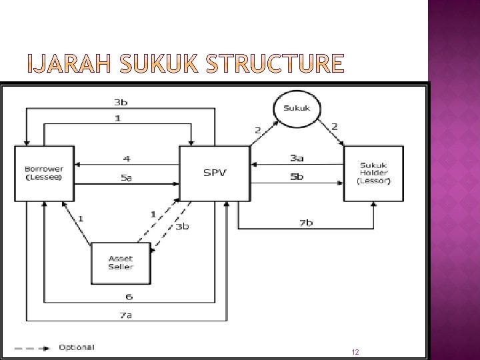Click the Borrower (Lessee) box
tap(45, 173)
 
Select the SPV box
tap(215, 173)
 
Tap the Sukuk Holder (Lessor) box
tap(374, 173)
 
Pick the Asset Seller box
tap(121, 263)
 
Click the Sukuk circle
tap(297, 109)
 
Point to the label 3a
tap(297, 158)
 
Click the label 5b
tap(297, 177)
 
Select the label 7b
tap(306, 223)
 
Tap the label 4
tap(127, 159)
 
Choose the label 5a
tap(127, 177)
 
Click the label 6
tap(129, 297)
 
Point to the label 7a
tap(125, 315)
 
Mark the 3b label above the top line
tap(121, 102)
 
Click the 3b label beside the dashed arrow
tap(182, 227)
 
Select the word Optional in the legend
tap(77, 347)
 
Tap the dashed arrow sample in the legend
tap(32, 349)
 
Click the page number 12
tap(355, 352)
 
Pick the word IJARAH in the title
tap(69, 63)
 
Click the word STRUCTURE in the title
tap(275, 63)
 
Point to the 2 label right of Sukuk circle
tap(335, 127)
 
